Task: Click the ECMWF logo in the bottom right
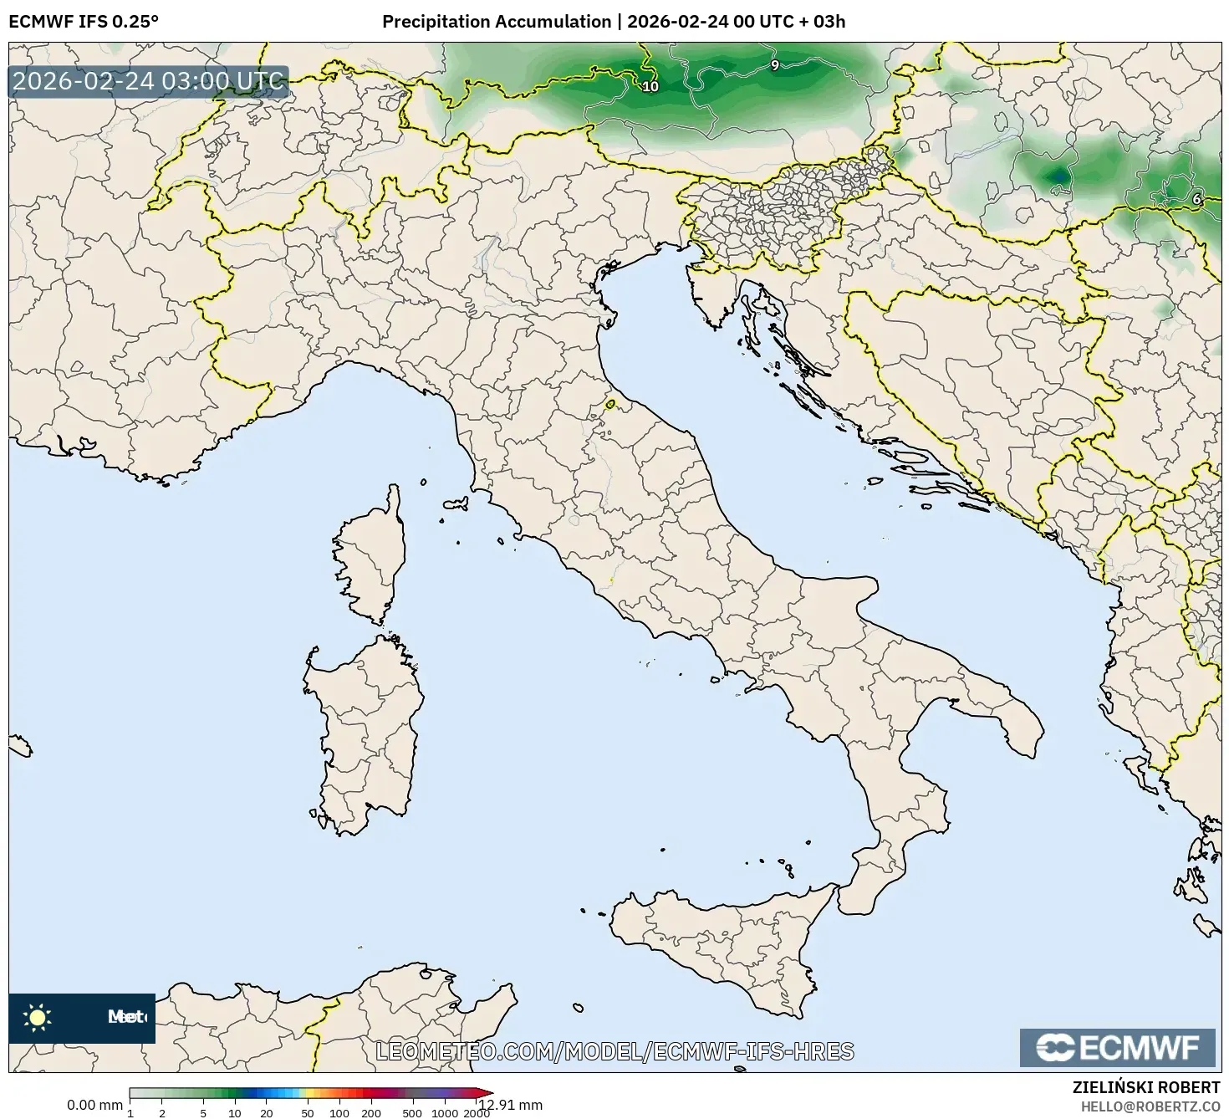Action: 1117,1047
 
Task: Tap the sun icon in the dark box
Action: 38,1017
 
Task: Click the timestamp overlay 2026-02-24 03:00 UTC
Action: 149,81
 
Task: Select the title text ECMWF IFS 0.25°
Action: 83,22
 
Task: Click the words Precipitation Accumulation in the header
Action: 496,22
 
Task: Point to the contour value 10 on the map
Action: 650,86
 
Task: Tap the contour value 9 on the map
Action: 774,65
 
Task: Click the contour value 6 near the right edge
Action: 1196,199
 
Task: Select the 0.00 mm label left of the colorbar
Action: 94,1105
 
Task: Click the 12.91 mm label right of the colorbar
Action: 510,1105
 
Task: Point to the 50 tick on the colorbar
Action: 308,1113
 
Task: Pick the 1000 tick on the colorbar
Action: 445,1113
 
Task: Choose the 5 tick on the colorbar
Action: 203,1113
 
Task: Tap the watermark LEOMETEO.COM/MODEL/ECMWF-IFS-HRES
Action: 614,1051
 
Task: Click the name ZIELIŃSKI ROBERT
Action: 1145,1087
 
